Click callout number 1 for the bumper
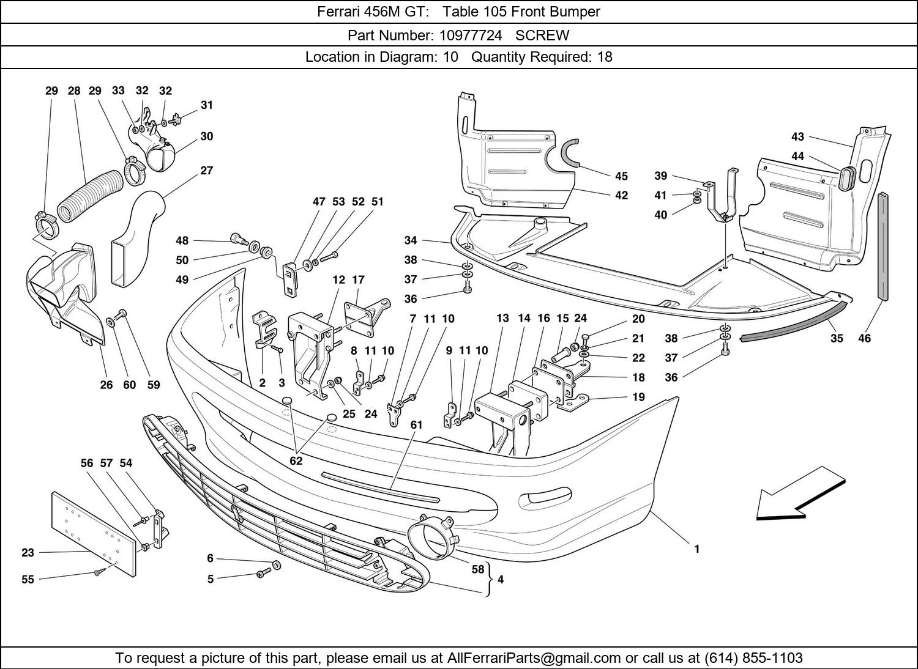click(x=696, y=549)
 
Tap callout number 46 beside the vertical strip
click(x=864, y=338)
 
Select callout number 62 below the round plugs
click(x=296, y=461)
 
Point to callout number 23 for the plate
click(x=28, y=553)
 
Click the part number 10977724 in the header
click(x=470, y=35)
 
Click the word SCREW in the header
click(x=542, y=35)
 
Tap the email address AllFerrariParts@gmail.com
click(x=534, y=658)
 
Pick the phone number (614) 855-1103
click(x=753, y=658)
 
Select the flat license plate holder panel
click(x=93, y=533)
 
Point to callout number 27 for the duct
click(x=207, y=170)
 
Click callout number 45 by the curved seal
click(x=621, y=176)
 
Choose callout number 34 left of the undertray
click(x=410, y=240)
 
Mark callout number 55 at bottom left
click(x=28, y=579)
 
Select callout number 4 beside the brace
click(x=501, y=579)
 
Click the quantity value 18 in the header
click(x=605, y=57)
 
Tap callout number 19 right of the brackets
click(x=638, y=397)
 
